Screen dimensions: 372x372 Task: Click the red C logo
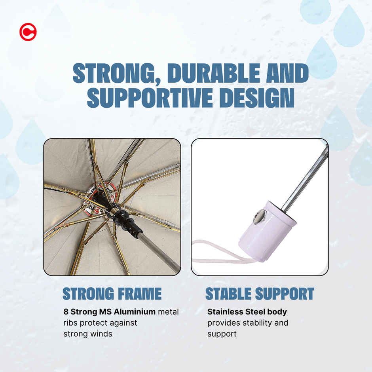28,32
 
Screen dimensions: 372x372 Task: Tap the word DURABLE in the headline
214,73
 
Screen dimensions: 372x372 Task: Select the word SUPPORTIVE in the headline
150,97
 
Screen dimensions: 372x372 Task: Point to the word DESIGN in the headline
257,97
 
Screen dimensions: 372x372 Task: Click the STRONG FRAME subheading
112,294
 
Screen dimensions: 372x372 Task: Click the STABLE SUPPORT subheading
260,294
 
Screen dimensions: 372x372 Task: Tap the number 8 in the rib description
66,311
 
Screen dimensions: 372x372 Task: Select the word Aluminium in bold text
135,311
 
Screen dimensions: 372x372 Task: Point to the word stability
256,323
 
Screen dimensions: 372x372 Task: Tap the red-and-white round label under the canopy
100,199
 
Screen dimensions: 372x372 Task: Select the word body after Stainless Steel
277,312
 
